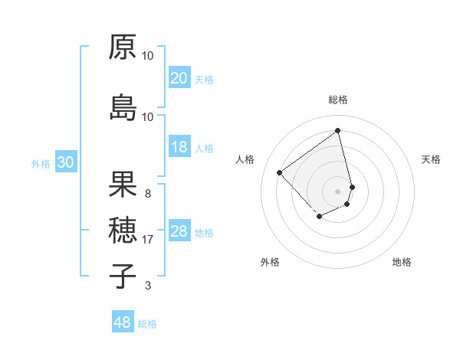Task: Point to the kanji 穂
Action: point(123,229)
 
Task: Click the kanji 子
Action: point(123,275)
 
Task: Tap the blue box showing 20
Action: point(179,78)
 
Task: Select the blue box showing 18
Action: point(179,148)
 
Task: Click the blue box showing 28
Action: point(179,232)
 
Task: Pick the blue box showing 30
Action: point(65,163)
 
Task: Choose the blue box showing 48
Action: point(123,322)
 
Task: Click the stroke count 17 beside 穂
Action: point(148,240)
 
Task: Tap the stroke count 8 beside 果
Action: point(148,194)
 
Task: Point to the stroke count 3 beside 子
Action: point(148,286)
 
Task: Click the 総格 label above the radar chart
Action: point(338,100)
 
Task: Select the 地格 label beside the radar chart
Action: point(402,262)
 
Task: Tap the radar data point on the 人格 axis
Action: point(280,173)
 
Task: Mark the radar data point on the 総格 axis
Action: point(338,130)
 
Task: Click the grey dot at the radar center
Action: point(338,190)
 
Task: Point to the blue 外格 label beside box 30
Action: point(41,164)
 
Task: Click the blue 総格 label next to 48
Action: point(147,324)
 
